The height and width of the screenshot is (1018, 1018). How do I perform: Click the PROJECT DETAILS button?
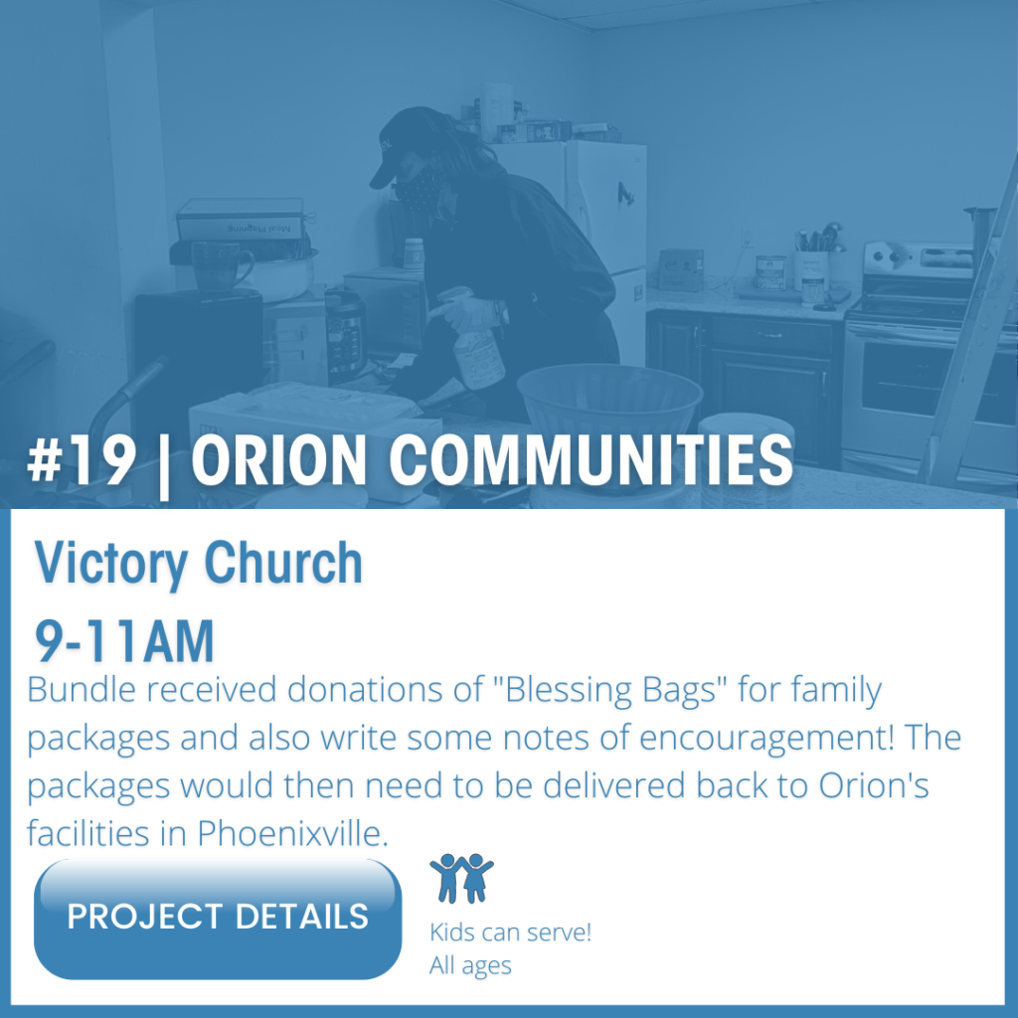point(218,918)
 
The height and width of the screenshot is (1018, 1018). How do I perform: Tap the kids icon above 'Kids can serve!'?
point(461,878)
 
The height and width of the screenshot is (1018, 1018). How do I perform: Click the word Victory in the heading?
point(110,564)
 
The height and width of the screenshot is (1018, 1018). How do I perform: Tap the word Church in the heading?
point(283,563)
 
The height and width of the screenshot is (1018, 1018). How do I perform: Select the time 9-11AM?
point(124,641)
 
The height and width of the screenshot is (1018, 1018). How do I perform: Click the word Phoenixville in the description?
point(293,833)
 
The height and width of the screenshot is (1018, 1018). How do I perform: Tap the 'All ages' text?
point(470,965)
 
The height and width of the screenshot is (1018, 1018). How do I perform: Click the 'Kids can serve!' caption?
point(510,933)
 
